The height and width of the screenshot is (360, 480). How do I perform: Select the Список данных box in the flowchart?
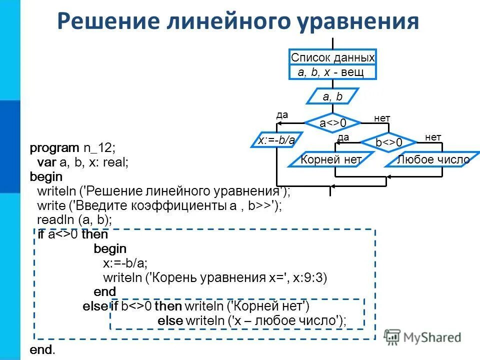pos(332,58)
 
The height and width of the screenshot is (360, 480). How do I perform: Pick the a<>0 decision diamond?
pos(332,122)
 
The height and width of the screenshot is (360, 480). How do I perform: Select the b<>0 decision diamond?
pos(389,143)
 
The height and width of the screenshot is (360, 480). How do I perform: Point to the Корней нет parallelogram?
pos(330,160)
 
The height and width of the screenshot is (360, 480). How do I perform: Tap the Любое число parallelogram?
pos(433,160)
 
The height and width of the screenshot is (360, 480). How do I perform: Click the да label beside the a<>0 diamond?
pos(282,114)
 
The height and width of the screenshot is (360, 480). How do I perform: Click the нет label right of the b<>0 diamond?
pos(433,136)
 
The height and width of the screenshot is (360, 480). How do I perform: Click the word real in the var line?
pos(116,162)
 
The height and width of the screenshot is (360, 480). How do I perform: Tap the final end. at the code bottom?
pos(43,350)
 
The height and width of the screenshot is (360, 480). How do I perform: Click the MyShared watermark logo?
pos(422,337)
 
